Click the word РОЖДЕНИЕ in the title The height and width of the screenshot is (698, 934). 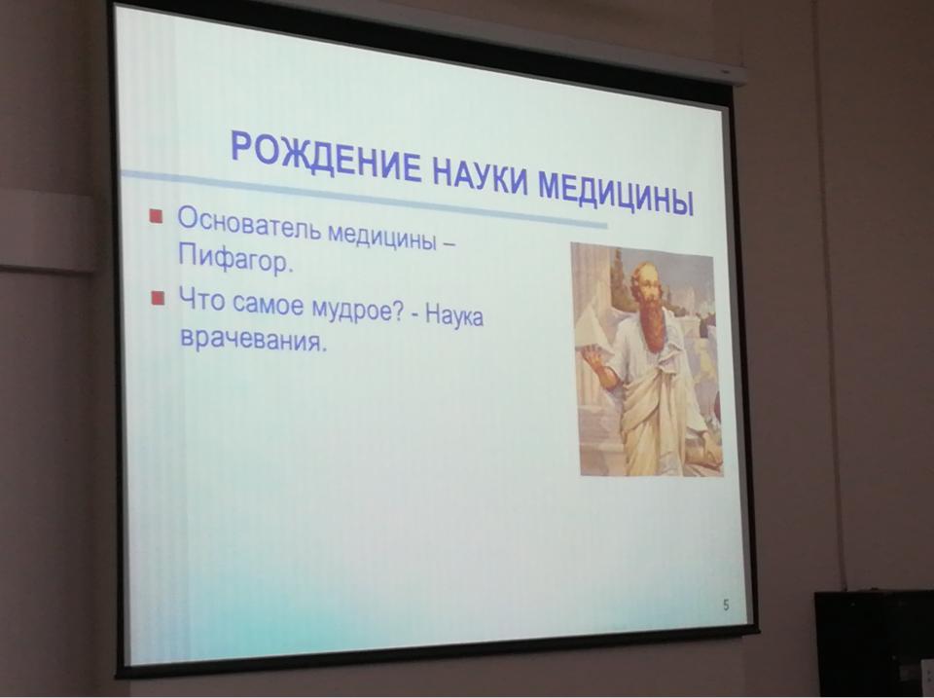[325, 158]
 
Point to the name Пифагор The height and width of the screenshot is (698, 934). [235, 260]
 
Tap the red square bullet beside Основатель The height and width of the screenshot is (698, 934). [157, 215]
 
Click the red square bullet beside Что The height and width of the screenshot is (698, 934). [158, 297]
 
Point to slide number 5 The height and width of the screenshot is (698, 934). [726, 606]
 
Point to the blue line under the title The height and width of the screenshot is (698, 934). [364, 200]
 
